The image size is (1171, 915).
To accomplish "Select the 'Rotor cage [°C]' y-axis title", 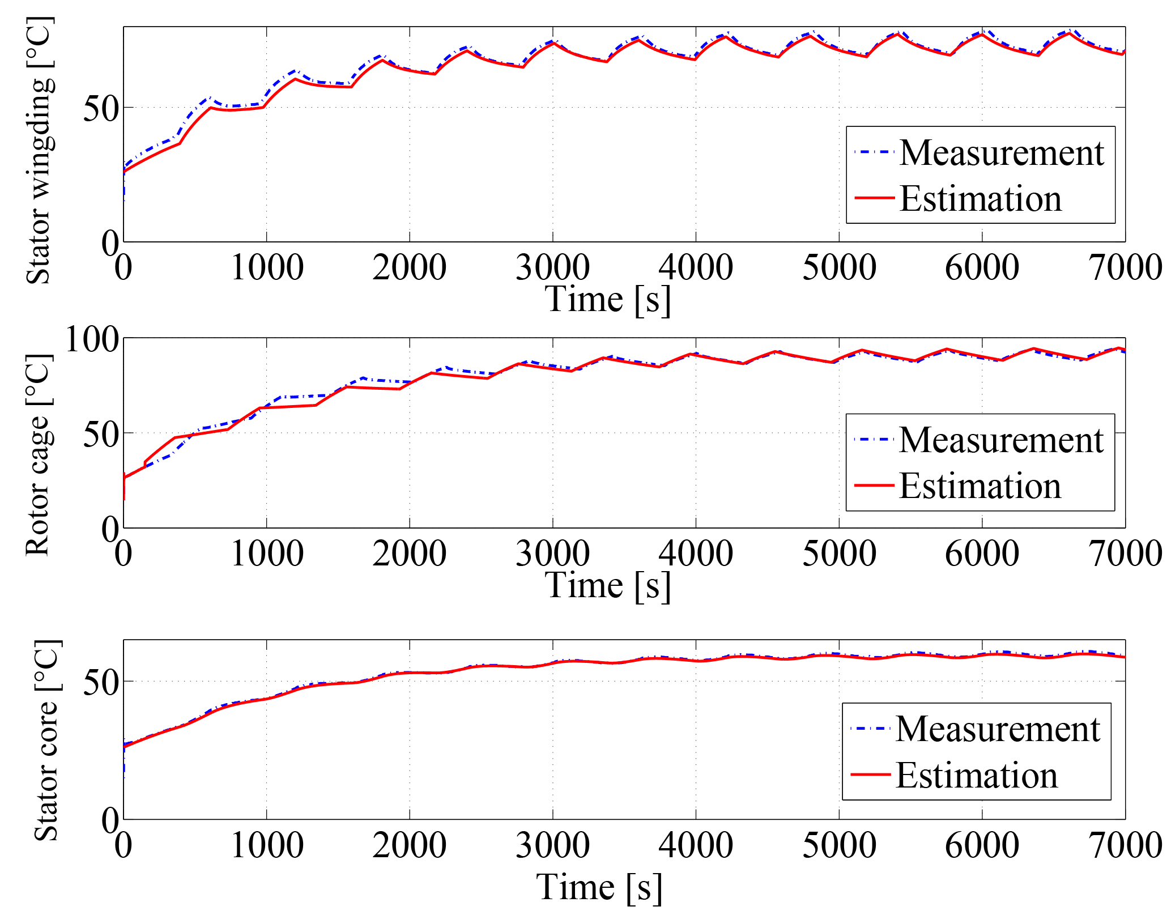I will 40,455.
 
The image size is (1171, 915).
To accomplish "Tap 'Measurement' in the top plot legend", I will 1002,153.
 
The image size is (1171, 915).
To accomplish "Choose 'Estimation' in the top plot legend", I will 981,199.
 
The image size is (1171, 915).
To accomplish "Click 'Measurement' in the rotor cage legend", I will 1001,440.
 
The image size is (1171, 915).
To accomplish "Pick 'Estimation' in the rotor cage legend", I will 980,486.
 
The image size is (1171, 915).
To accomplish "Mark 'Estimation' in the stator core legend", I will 977,775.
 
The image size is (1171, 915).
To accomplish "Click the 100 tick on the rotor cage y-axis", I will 92,340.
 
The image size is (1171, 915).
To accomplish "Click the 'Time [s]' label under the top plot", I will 608,300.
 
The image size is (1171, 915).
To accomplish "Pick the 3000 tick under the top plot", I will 552,267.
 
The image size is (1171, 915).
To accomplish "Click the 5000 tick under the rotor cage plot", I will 839,554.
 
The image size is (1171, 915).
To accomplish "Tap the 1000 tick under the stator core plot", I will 267,846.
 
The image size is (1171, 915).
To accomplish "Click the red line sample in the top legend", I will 874,198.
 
